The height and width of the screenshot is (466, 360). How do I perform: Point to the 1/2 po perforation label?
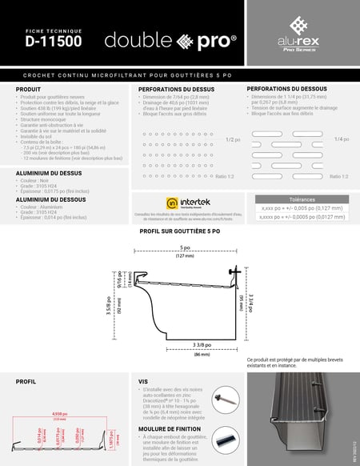[x=232, y=139]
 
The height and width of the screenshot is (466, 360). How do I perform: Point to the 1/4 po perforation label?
[x=341, y=139]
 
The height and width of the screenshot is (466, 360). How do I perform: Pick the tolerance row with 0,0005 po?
[x=298, y=215]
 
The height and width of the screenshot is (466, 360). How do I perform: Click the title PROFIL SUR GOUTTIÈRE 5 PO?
[x=180, y=231]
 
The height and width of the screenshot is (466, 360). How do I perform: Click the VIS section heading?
[x=143, y=382]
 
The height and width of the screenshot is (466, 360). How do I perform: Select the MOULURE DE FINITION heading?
[x=169, y=429]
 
